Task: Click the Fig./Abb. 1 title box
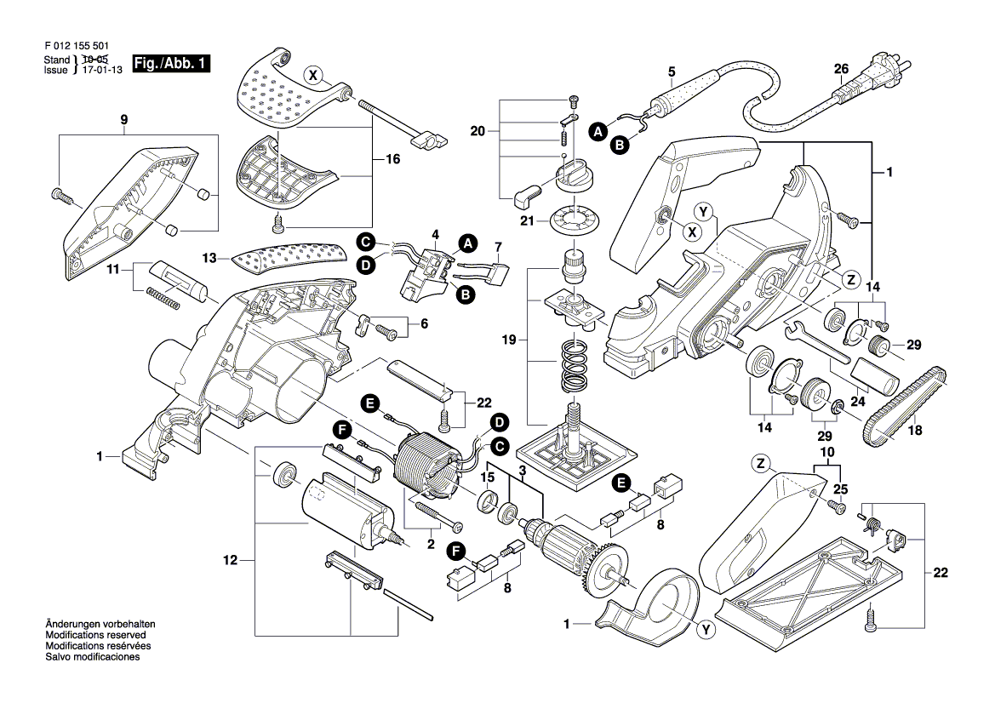(171, 65)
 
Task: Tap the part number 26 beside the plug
(841, 69)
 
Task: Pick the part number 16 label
(392, 159)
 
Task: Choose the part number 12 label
(231, 560)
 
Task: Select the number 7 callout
(497, 247)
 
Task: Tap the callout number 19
(509, 340)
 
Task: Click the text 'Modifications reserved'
(95, 636)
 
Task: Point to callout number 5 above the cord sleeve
(672, 71)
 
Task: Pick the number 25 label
(841, 489)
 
